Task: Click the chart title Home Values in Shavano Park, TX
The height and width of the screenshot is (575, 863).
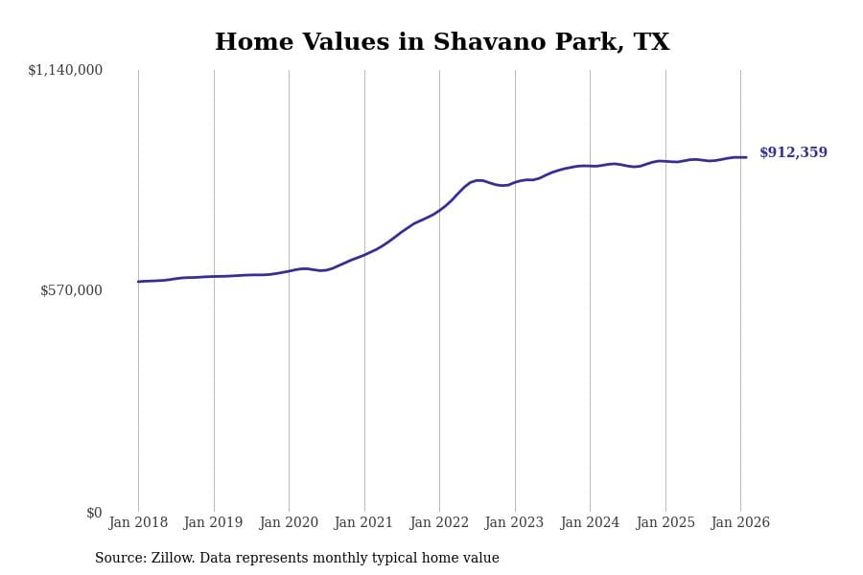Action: click(x=442, y=43)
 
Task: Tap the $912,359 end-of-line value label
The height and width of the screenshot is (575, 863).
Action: click(x=793, y=153)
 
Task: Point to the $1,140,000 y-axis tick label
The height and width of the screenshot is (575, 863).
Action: click(x=65, y=70)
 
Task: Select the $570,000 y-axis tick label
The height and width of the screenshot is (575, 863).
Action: click(x=71, y=290)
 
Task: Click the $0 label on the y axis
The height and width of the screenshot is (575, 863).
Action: click(x=94, y=513)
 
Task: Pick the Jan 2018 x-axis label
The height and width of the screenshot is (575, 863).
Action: click(x=138, y=523)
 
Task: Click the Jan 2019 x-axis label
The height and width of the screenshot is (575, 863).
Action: click(x=213, y=523)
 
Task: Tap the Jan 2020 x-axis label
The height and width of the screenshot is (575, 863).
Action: click(x=289, y=523)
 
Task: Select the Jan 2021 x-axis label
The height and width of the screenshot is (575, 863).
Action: click(x=363, y=523)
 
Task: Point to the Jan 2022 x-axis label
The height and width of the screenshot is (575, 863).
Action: click(x=439, y=523)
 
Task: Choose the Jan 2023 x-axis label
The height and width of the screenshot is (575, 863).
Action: click(x=514, y=523)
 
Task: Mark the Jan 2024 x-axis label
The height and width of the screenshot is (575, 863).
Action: click(x=590, y=523)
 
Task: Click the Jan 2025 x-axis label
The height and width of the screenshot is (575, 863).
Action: click(x=665, y=523)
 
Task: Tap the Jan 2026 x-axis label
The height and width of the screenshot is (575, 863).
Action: click(x=740, y=523)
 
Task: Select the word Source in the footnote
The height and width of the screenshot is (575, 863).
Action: click(x=119, y=559)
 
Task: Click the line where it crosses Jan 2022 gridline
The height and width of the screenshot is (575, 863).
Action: click(x=439, y=209)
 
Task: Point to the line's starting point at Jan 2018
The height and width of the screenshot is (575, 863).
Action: click(x=138, y=282)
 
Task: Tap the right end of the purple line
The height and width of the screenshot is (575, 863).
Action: click(x=746, y=157)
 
